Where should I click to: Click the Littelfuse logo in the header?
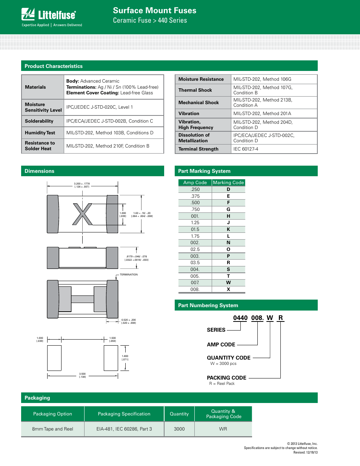[49, 15]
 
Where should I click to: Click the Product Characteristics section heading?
[54, 66]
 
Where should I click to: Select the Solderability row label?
[39, 121]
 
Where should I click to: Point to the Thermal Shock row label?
[195, 90]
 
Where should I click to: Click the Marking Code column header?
[228, 183]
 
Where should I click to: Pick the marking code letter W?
[228, 283]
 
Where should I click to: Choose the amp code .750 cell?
[195, 209]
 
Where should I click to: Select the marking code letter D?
[228, 189]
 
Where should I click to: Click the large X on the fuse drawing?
[82, 214]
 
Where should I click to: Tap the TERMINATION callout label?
[129, 275]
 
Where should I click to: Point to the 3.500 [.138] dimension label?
[82, 375]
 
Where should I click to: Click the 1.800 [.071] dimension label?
[125, 358]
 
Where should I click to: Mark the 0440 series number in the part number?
[240, 318]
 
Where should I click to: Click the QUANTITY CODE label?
[229, 358]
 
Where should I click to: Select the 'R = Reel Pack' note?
[222, 383]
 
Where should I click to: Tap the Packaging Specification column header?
[124, 414]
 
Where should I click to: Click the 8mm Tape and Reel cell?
[52, 429]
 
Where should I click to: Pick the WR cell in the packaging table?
[223, 429]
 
